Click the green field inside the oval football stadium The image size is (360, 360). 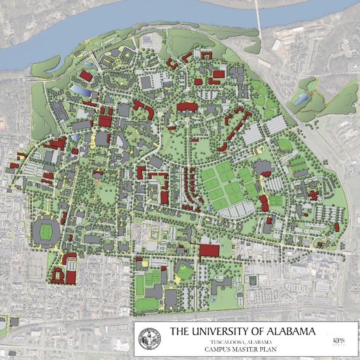[x=47, y=231]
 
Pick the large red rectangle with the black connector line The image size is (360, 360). [x=209, y=250]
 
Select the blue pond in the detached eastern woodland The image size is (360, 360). [x=300, y=99]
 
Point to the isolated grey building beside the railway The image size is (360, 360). [x=14, y=321]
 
